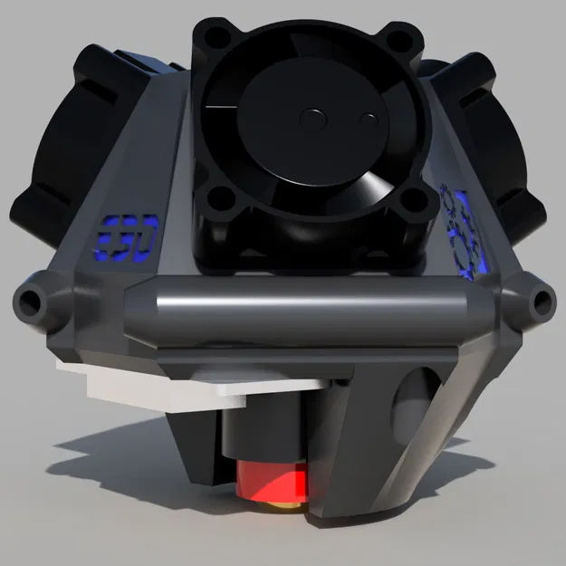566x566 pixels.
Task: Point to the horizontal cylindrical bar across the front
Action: [308, 299]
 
